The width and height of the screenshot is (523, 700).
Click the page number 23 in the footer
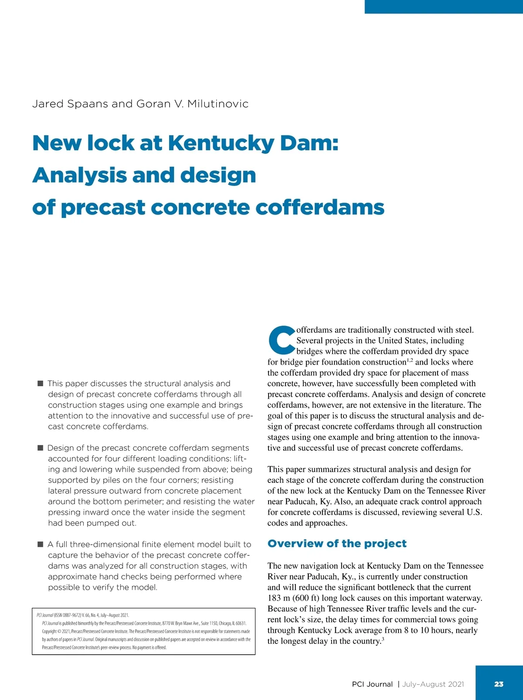pos(499,684)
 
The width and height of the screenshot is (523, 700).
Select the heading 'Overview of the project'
pos(337,544)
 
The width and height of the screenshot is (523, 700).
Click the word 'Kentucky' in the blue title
pos(221,143)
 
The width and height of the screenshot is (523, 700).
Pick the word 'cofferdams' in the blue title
pos(320,207)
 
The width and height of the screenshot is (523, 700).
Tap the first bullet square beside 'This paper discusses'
pos(40,383)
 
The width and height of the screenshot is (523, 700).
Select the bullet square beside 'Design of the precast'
pos(40,448)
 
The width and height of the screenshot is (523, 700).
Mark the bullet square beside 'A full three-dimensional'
pos(40,544)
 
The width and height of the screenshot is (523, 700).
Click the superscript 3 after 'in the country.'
pos(382,639)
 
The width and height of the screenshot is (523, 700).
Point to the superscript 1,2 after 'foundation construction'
pos(410,360)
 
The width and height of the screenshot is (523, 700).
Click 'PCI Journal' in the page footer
pos(372,684)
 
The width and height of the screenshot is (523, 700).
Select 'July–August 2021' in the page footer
pos(433,684)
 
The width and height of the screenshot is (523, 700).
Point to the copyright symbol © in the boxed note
pos(59,631)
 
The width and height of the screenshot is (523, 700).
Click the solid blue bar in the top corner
pos(444,7)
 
